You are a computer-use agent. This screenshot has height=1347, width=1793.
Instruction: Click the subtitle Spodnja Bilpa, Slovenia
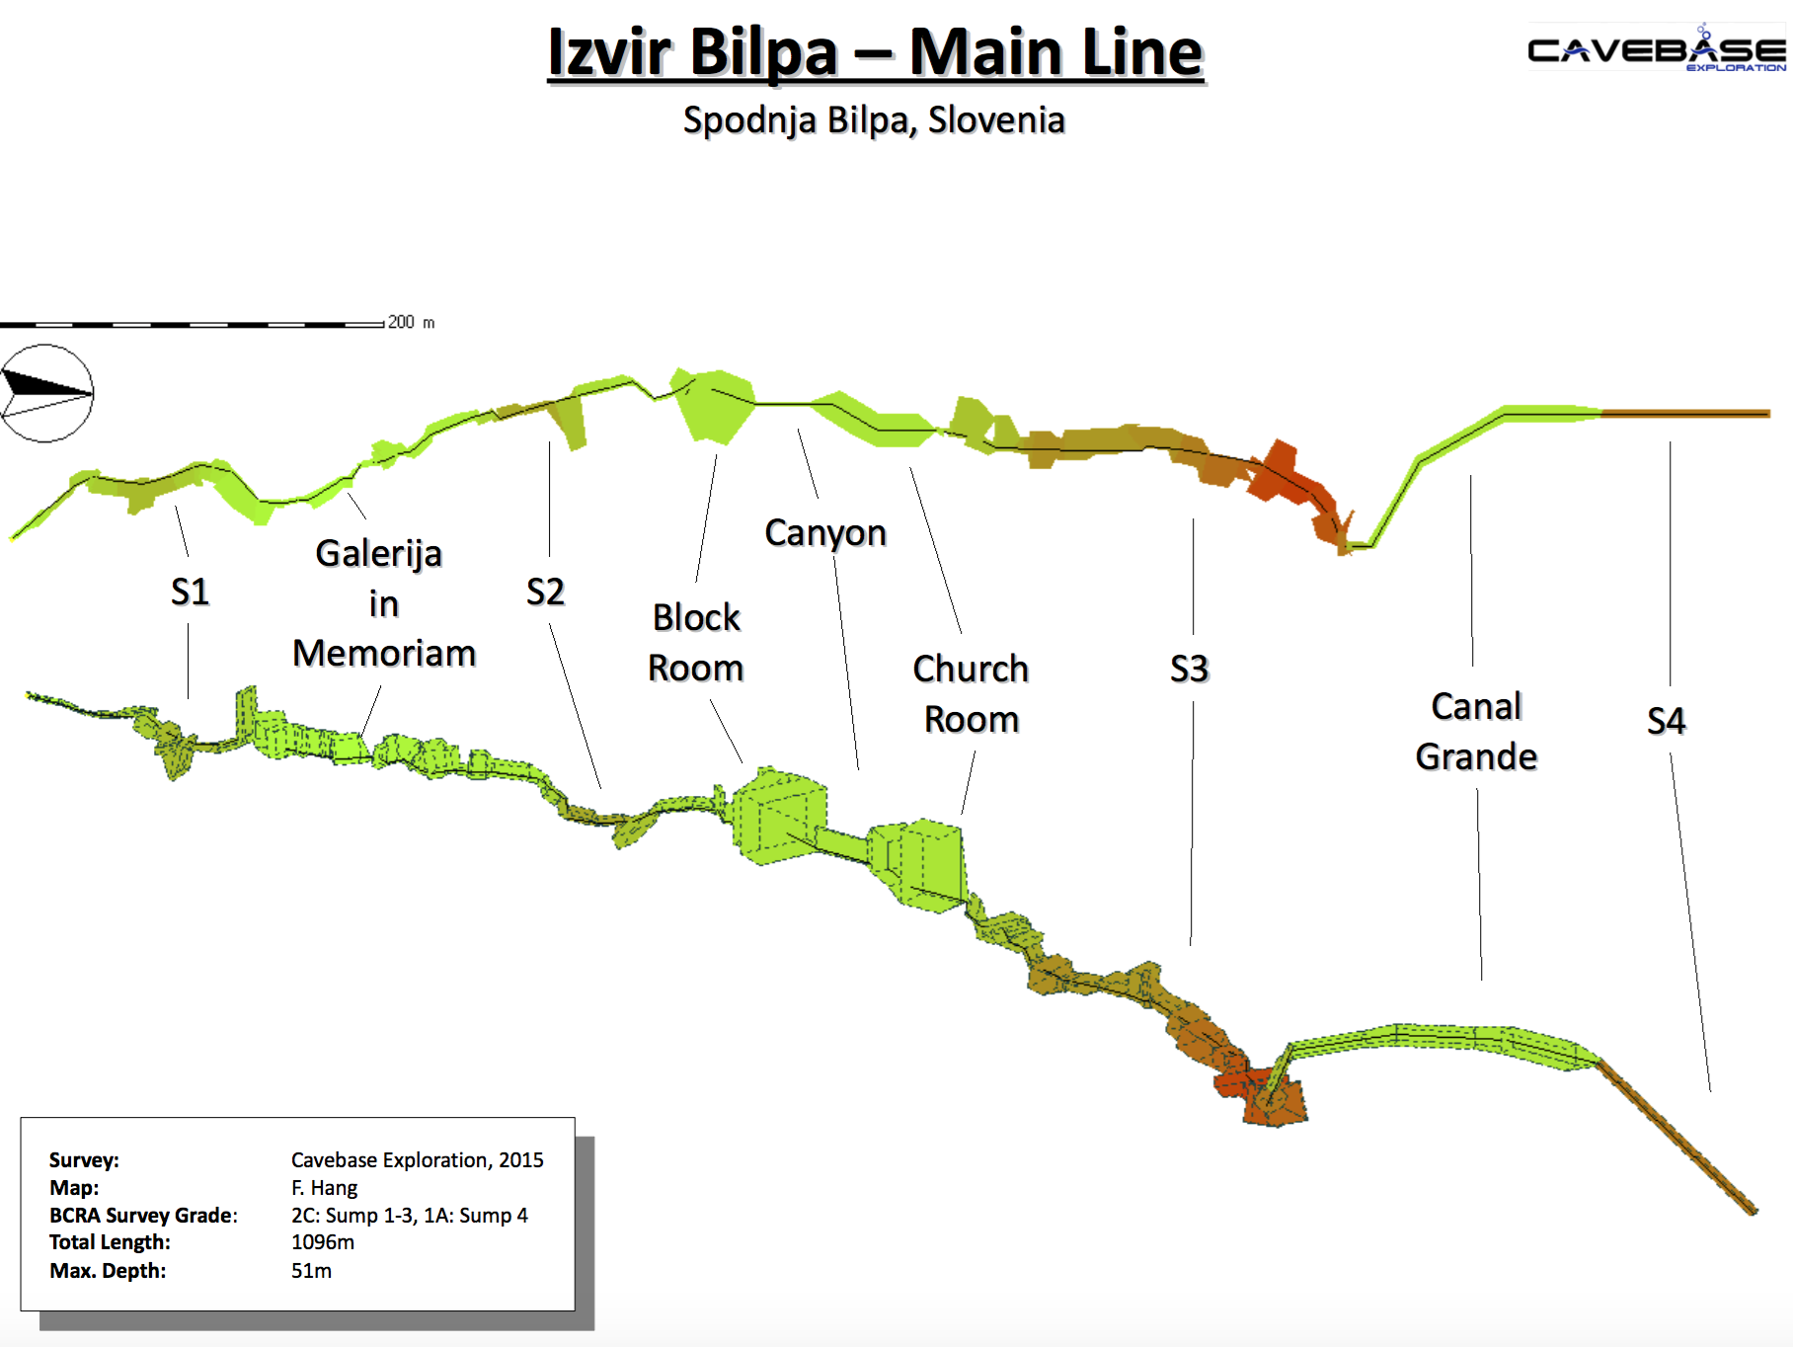[x=874, y=120]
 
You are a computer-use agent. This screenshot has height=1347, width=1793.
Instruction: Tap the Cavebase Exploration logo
[x=1656, y=50]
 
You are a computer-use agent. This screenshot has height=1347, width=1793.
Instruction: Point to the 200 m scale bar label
[x=411, y=322]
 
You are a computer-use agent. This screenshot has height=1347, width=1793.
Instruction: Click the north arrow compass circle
[x=46, y=393]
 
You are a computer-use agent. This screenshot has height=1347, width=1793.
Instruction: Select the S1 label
[x=190, y=592]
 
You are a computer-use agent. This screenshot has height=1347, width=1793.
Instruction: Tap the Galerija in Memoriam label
[x=383, y=603]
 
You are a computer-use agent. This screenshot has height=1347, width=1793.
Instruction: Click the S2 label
[x=545, y=592]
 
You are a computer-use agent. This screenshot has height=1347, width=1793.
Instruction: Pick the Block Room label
[x=696, y=642]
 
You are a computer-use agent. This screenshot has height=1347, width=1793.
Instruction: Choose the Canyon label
[x=825, y=532]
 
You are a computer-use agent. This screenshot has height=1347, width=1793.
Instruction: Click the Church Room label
[x=971, y=693]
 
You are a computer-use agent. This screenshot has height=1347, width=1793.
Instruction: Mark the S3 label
[x=1189, y=669]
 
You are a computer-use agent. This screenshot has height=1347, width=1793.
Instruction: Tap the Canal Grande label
[x=1476, y=731]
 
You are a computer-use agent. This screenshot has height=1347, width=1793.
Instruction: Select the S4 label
[x=1666, y=721]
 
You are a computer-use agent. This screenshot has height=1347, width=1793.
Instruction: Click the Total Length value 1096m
[x=323, y=1242]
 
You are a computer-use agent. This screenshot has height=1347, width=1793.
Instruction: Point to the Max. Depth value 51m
[x=311, y=1270]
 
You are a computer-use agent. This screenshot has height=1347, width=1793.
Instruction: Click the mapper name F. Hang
[x=324, y=1187]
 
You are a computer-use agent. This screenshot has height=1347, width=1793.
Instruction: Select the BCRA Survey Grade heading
[x=143, y=1215]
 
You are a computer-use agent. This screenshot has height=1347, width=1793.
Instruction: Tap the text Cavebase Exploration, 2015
[x=417, y=1159]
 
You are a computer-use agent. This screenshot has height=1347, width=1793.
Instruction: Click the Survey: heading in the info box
[x=84, y=1159]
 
